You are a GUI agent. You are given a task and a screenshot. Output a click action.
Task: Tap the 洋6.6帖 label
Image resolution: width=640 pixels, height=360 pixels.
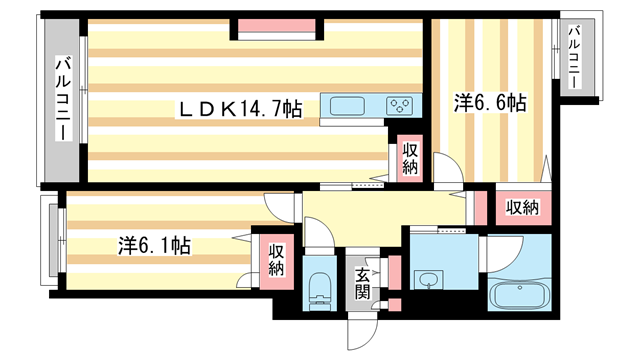tap(491, 102)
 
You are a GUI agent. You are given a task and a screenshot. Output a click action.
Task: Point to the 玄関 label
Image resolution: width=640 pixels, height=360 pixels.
tap(362, 283)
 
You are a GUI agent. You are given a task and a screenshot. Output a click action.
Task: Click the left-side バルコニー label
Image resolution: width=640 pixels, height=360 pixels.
tap(61, 99)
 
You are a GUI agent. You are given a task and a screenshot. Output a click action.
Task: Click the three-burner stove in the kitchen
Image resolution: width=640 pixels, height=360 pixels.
tap(401, 106)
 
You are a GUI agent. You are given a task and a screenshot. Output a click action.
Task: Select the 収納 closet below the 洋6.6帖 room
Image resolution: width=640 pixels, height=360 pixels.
tap(521, 208)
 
